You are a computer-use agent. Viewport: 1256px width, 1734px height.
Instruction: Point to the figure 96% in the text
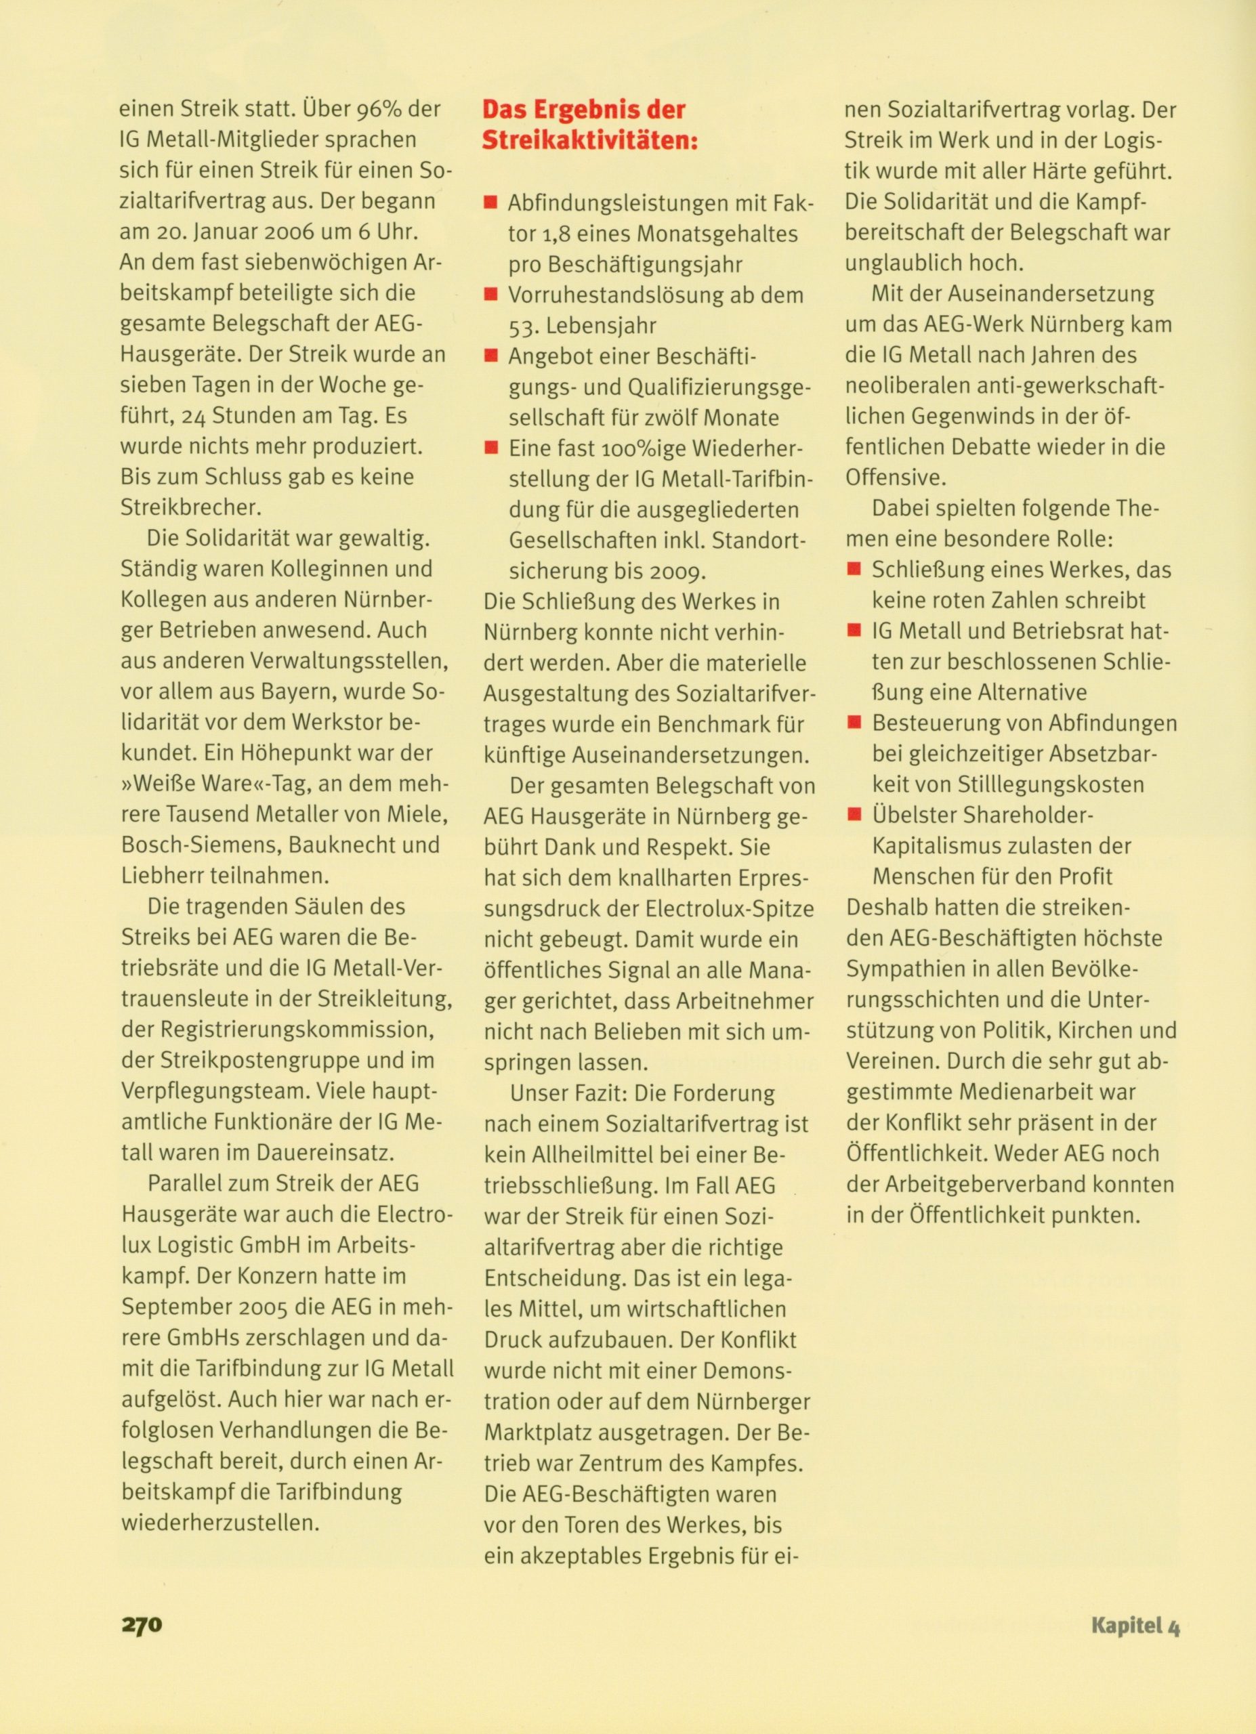point(380,109)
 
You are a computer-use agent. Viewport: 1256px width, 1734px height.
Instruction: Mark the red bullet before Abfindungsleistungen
point(490,203)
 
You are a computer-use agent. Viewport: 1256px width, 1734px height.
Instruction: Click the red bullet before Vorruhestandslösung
point(490,295)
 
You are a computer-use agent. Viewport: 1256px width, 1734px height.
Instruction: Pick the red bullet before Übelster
point(854,815)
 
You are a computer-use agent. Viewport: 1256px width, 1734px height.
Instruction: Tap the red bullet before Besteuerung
point(854,723)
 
